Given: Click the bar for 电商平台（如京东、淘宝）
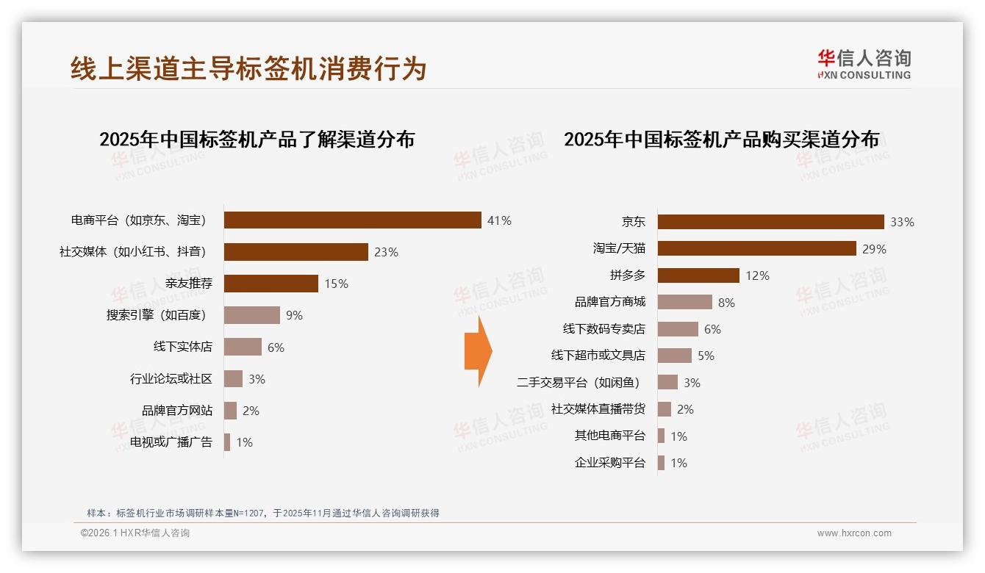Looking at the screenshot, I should pyautogui.click(x=352, y=220).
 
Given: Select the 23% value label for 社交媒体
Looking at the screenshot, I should pyautogui.click(x=386, y=252).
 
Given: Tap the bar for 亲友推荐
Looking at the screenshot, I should pyautogui.click(x=271, y=284).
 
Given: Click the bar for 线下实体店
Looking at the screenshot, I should pyautogui.click(x=243, y=347).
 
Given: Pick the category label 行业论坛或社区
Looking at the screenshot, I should pyautogui.click(x=171, y=379).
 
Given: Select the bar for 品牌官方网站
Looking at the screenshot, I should pyautogui.click(x=230, y=411).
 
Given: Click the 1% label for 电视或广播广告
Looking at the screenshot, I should pyautogui.click(x=244, y=442).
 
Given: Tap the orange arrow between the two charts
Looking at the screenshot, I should pyautogui.click(x=478, y=351).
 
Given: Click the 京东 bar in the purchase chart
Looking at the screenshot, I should pyautogui.click(x=770, y=222).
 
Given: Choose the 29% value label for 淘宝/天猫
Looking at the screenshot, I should pyautogui.click(x=874, y=249).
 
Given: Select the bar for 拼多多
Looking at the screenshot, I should pyautogui.click(x=698, y=275).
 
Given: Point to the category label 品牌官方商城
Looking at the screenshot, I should pyautogui.click(x=609, y=302).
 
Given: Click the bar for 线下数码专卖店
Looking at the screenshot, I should pyautogui.click(x=678, y=329).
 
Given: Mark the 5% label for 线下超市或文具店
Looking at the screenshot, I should pyautogui.click(x=706, y=356).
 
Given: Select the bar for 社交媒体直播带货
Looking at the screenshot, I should pyautogui.click(x=665, y=409).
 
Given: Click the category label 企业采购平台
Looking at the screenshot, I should pyautogui.click(x=609, y=463).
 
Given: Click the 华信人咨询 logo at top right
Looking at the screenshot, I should pyautogui.click(x=864, y=65).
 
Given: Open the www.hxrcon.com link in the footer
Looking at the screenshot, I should pyautogui.click(x=854, y=533).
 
